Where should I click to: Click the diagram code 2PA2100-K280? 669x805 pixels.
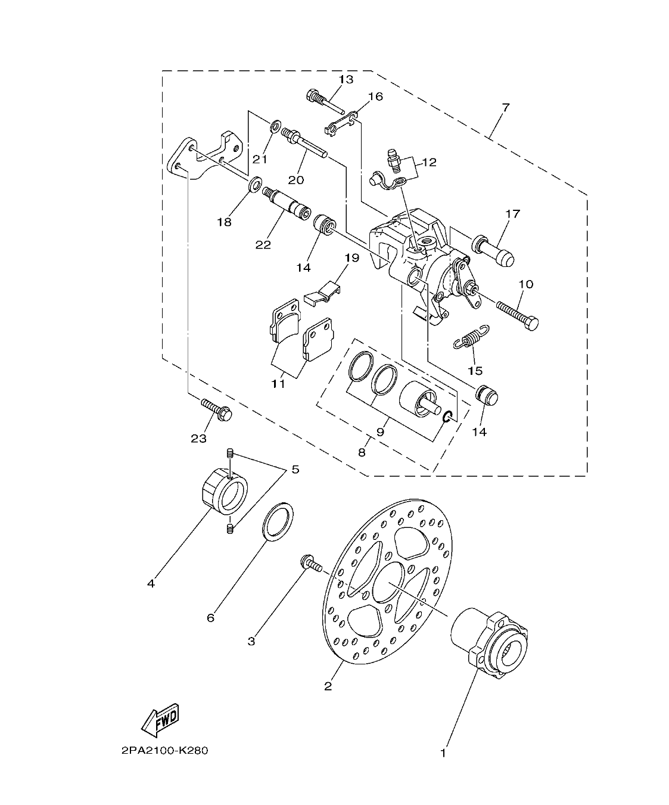pos(164,751)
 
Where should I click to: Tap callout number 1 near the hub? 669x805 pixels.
pos(443,753)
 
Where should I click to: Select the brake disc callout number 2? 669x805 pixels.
pos(328,686)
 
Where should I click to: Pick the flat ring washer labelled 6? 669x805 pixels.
pos(278,522)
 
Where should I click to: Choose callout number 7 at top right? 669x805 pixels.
pos(505,108)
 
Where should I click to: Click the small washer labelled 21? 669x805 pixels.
pos(275,126)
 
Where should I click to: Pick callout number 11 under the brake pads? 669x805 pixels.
pos(278,384)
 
